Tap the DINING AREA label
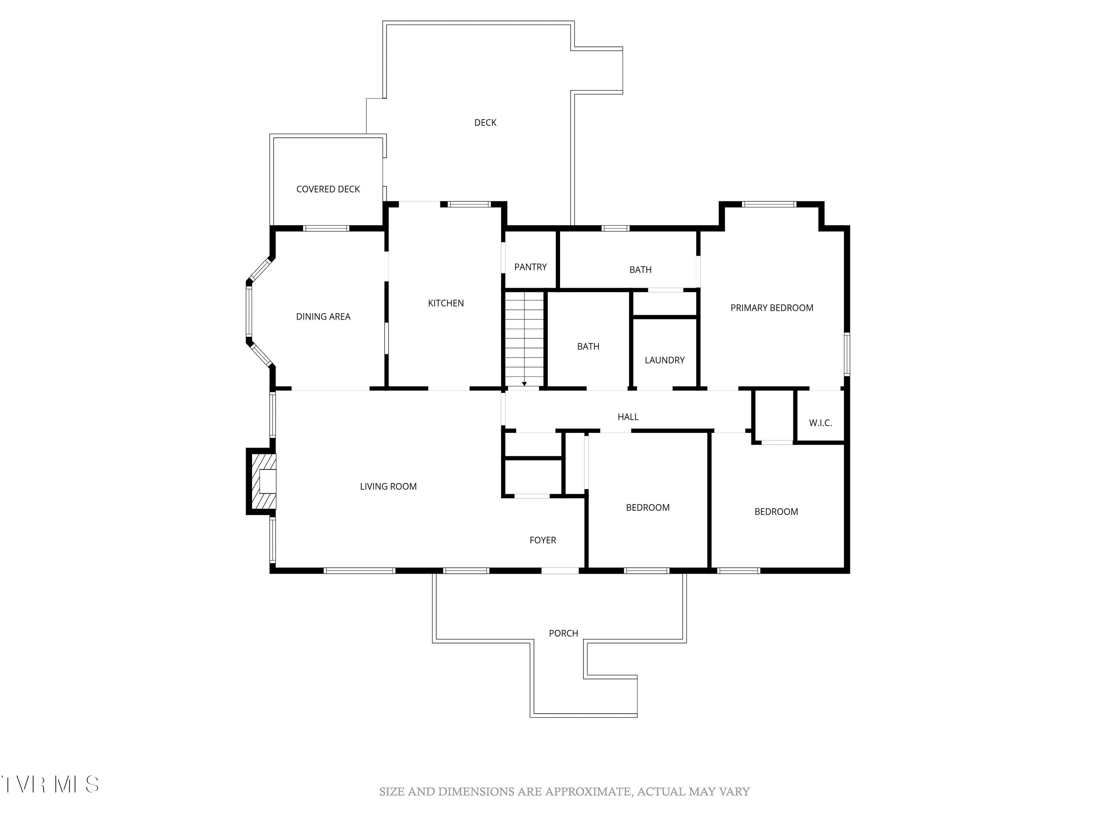(x=323, y=316)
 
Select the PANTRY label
(x=530, y=267)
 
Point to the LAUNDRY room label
(x=665, y=360)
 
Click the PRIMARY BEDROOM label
(x=772, y=308)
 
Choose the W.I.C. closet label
(x=820, y=423)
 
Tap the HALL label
(x=628, y=417)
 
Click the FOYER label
(x=543, y=540)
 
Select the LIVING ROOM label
(x=388, y=486)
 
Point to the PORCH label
(x=563, y=633)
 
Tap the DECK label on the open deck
(x=485, y=122)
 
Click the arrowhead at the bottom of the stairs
(x=524, y=384)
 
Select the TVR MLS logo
(x=50, y=784)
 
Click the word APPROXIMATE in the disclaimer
(x=589, y=792)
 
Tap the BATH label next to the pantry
(x=640, y=270)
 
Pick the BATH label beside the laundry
(x=588, y=346)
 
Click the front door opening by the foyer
(x=560, y=571)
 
